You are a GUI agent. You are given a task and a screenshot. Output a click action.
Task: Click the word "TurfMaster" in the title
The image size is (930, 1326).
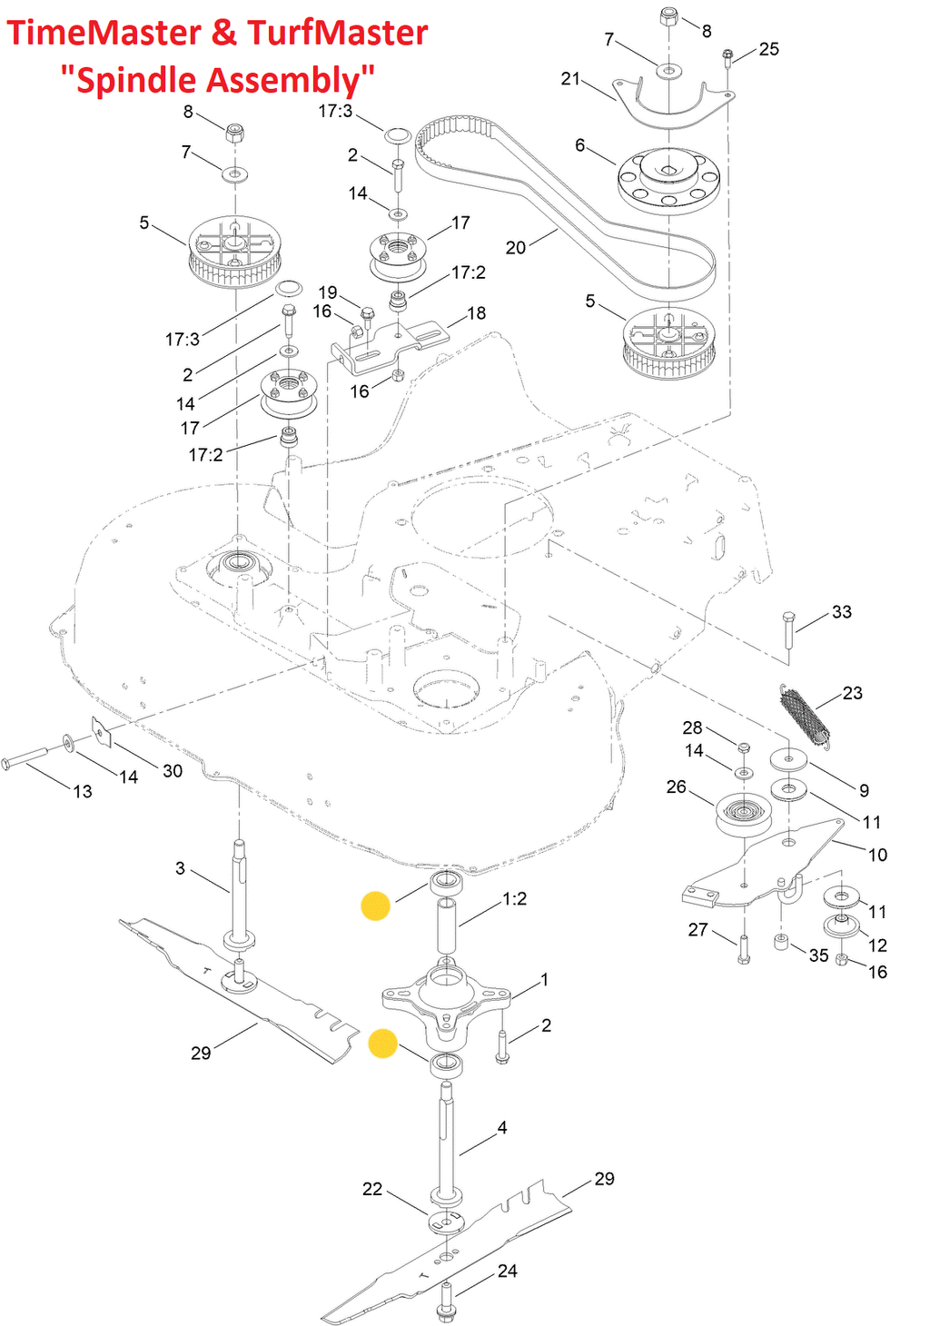337,33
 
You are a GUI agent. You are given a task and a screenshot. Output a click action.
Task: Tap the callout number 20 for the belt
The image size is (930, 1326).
516,247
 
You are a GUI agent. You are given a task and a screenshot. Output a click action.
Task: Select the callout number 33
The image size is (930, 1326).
842,611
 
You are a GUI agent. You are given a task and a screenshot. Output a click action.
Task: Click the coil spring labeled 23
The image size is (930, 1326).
806,715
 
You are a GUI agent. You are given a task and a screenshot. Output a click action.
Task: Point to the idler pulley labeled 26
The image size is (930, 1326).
742,813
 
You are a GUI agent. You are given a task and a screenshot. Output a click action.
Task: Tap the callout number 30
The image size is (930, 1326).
173,770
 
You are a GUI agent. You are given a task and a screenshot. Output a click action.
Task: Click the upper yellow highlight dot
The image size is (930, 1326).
375,905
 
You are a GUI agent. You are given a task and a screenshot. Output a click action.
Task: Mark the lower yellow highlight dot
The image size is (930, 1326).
383,1044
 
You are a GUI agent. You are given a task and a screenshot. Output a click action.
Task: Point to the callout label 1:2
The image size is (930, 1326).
515,898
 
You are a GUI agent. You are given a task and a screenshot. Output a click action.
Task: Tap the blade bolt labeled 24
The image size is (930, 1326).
445,1301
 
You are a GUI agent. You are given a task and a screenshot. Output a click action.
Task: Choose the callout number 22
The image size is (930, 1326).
372,1188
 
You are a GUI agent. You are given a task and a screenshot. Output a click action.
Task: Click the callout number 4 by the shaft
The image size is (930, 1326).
502,1127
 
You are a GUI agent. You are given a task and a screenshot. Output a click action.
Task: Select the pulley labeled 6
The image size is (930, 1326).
668,179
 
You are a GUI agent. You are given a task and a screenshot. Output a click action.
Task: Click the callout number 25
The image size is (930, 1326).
769,49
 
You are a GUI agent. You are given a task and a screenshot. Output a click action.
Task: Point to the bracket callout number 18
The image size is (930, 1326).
477,312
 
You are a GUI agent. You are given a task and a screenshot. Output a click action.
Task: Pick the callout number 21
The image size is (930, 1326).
570,78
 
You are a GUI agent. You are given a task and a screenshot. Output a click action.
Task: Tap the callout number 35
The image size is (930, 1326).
819,955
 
